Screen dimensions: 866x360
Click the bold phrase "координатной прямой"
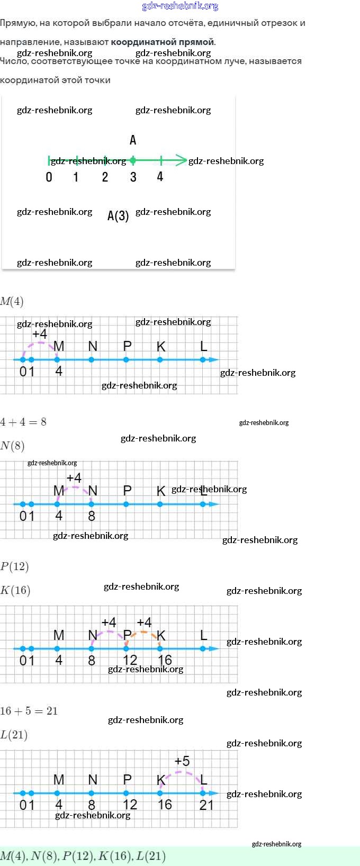pos(163,42)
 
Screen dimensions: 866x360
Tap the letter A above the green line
pos(133,140)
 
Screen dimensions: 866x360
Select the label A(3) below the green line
pos(118,215)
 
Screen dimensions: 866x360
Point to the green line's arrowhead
pos(182,160)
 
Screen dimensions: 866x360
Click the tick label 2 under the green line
pos(105,177)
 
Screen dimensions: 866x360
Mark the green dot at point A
pos(133,160)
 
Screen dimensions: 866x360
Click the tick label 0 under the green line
pos(49,177)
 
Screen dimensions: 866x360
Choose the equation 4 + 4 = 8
pos(23,422)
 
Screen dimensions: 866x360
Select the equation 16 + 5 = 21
pos(29,711)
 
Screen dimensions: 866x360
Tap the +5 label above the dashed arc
pos(182,761)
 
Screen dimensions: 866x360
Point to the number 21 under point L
pos(206,805)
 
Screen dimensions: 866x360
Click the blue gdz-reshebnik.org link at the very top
pos(180,6)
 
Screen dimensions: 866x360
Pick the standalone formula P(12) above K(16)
pos(15,566)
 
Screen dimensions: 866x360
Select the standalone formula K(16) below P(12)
pos(15,590)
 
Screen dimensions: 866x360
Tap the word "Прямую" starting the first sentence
pos(18,23)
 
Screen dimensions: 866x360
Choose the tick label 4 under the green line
pos(160,177)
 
